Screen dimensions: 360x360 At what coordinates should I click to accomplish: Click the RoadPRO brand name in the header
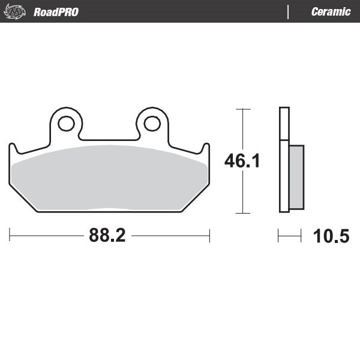tap(56, 12)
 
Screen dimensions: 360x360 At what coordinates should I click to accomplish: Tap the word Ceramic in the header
tap(331, 12)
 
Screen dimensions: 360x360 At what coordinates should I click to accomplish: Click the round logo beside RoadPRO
tap(16, 12)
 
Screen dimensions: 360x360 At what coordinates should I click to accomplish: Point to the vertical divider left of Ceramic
tap(289, 12)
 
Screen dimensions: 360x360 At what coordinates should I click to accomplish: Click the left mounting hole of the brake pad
tap(66, 124)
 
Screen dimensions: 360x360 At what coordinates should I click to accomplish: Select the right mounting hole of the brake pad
tap(152, 124)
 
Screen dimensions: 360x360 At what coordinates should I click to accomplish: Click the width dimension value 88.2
tap(107, 236)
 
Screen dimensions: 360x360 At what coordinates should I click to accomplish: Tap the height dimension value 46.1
tap(242, 161)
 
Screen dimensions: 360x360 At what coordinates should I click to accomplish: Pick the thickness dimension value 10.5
tap(331, 236)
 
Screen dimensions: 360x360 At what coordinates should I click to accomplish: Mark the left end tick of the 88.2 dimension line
tap(10, 236)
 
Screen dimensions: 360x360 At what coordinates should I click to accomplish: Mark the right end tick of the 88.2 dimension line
tap(209, 236)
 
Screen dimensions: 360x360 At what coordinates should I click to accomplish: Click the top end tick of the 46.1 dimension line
tap(242, 109)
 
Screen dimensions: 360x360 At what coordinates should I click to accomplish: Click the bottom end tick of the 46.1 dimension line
tap(242, 213)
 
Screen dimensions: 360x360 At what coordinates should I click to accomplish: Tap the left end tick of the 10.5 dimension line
tap(278, 236)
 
